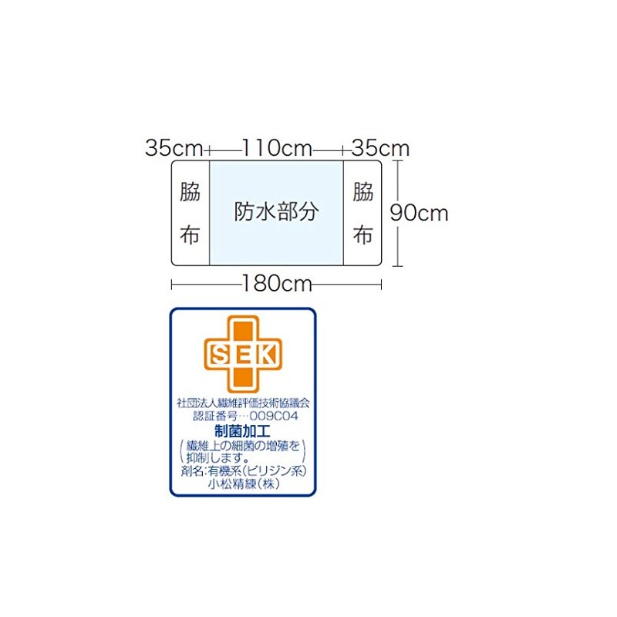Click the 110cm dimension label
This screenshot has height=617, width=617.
[x=277, y=148]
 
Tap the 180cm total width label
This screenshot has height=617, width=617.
[x=277, y=283]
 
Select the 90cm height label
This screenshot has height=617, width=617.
[x=419, y=213]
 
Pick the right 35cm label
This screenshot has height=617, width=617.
[x=380, y=148]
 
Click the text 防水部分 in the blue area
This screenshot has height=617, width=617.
[x=276, y=211]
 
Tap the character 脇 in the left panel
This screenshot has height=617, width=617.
[x=190, y=191]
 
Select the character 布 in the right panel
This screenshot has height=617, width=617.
[x=362, y=235]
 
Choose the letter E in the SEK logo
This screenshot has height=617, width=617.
[x=244, y=355]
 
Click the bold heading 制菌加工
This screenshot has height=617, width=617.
[x=242, y=431]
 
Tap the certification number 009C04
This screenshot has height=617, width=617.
[x=274, y=416]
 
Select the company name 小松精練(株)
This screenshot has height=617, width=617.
[x=244, y=484]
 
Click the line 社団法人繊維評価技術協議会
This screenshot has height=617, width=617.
[x=243, y=403]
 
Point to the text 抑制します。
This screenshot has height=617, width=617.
[x=218, y=457]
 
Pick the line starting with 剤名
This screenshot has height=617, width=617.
[x=244, y=470]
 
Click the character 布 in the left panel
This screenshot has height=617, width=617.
[x=190, y=235]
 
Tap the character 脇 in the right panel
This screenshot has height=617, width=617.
[x=362, y=191]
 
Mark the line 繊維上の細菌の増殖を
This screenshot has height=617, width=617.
[x=243, y=446]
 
